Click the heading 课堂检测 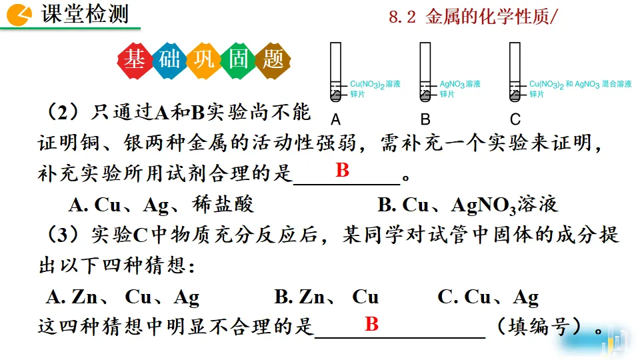tap(85, 15)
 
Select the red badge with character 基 tap(135, 60)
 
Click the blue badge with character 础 tap(169, 60)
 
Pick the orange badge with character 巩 tap(204, 60)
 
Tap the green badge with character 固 tap(239, 60)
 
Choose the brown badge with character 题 tap(273, 60)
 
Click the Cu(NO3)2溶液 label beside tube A tap(375, 85)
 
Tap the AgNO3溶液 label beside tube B tap(460, 85)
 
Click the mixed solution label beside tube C tap(580, 85)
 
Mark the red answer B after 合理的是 tap(342, 171)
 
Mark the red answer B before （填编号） tap(371, 325)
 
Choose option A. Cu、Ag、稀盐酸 tap(161, 205)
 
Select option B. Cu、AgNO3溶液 tap(467, 205)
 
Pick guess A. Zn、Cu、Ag tap(123, 297)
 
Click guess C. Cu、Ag tap(488, 297)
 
